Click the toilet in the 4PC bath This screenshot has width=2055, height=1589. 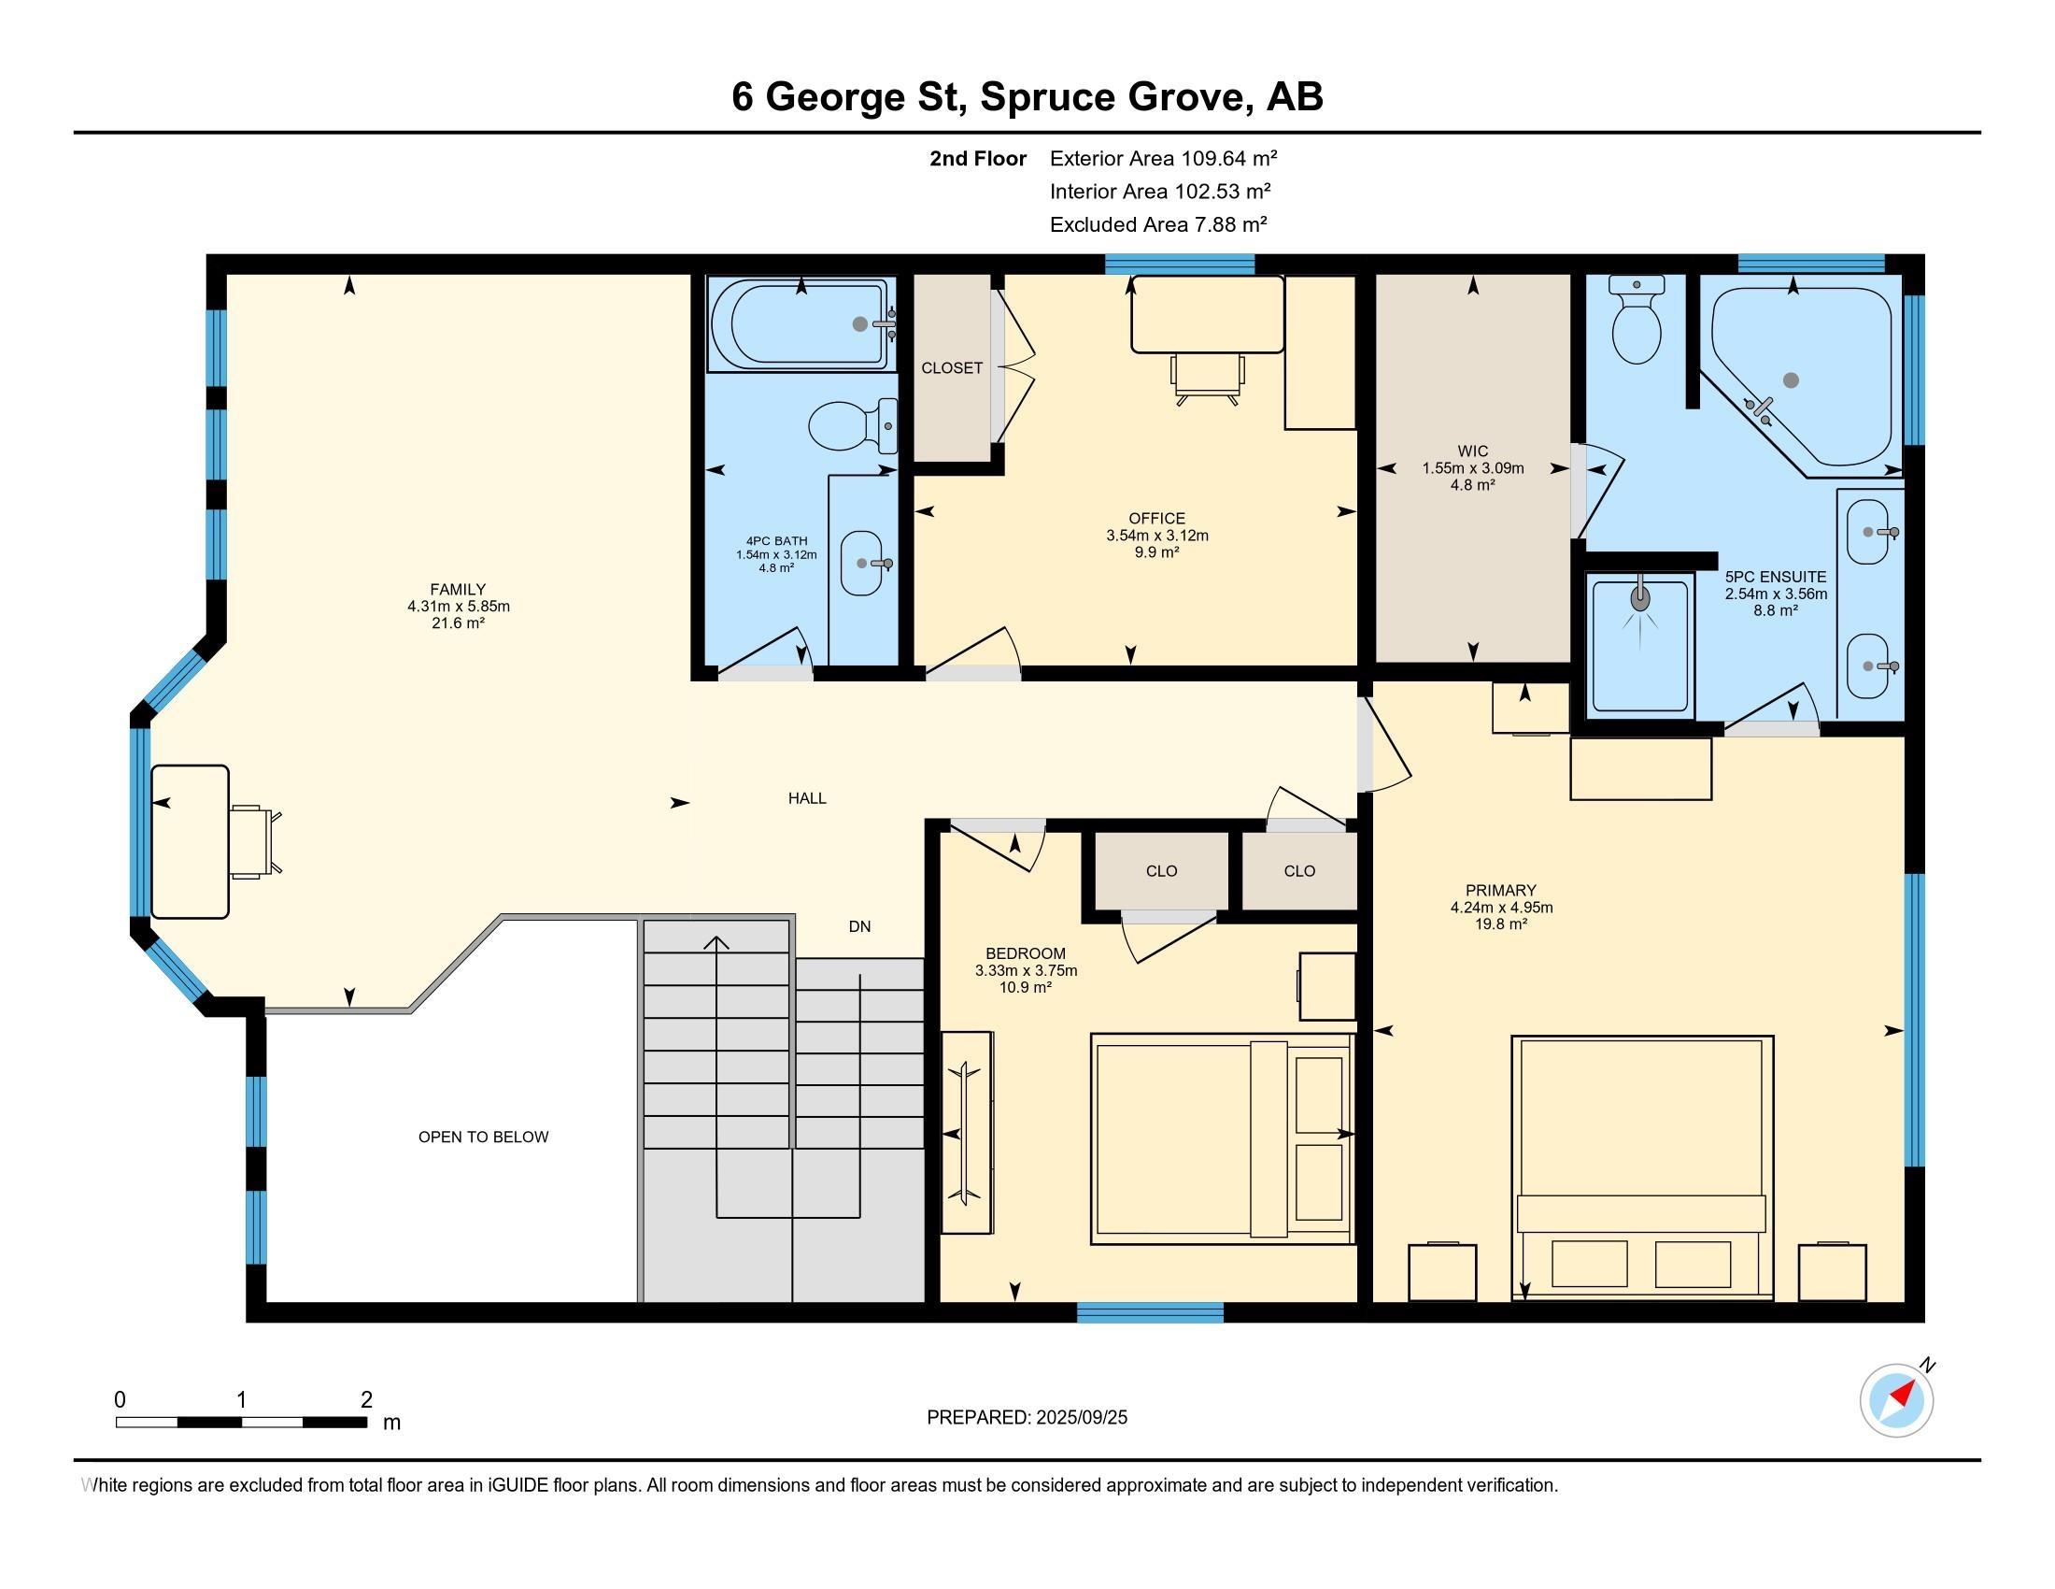pyautogui.click(x=853, y=425)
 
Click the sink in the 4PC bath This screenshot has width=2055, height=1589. pyautogui.click(x=863, y=563)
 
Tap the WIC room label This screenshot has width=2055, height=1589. pyautogui.click(x=1472, y=451)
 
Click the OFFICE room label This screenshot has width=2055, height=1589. pyautogui.click(x=1156, y=518)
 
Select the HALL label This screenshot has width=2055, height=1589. pyautogui.click(x=807, y=798)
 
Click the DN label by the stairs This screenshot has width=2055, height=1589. pyautogui.click(x=859, y=926)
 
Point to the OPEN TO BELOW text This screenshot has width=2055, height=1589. pyautogui.click(x=484, y=1138)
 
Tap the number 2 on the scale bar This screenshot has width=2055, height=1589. pyautogui.click(x=366, y=1400)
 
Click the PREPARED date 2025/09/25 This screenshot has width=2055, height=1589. pyautogui.click(x=1081, y=1418)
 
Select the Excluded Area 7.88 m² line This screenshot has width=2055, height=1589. pyautogui.click(x=1158, y=224)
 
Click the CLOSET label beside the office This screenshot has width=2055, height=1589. pyautogui.click(x=951, y=368)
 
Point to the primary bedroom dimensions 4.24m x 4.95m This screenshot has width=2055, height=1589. pyautogui.click(x=1501, y=908)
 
